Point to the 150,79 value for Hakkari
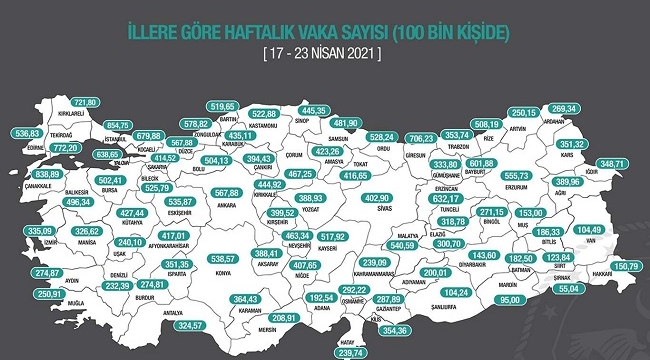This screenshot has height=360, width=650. coord(628,265)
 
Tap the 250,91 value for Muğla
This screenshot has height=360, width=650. coord(47,294)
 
